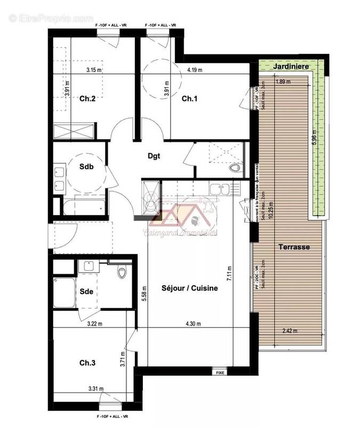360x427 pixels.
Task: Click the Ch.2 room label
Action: [88, 98]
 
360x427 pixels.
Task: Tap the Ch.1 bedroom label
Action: [189, 98]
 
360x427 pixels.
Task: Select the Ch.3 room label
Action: [87, 362]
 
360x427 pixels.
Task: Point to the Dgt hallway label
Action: [154, 156]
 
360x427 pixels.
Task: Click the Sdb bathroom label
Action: [86, 167]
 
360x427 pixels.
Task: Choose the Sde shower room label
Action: [87, 291]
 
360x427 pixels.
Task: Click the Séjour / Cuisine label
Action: [190, 288]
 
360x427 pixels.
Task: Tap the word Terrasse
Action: [294, 248]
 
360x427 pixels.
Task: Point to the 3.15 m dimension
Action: [95, 69]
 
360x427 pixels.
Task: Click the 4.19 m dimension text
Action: [195, 69]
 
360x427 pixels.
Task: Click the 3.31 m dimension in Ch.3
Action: [95, 389]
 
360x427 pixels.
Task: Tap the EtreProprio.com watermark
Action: [51, 18]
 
